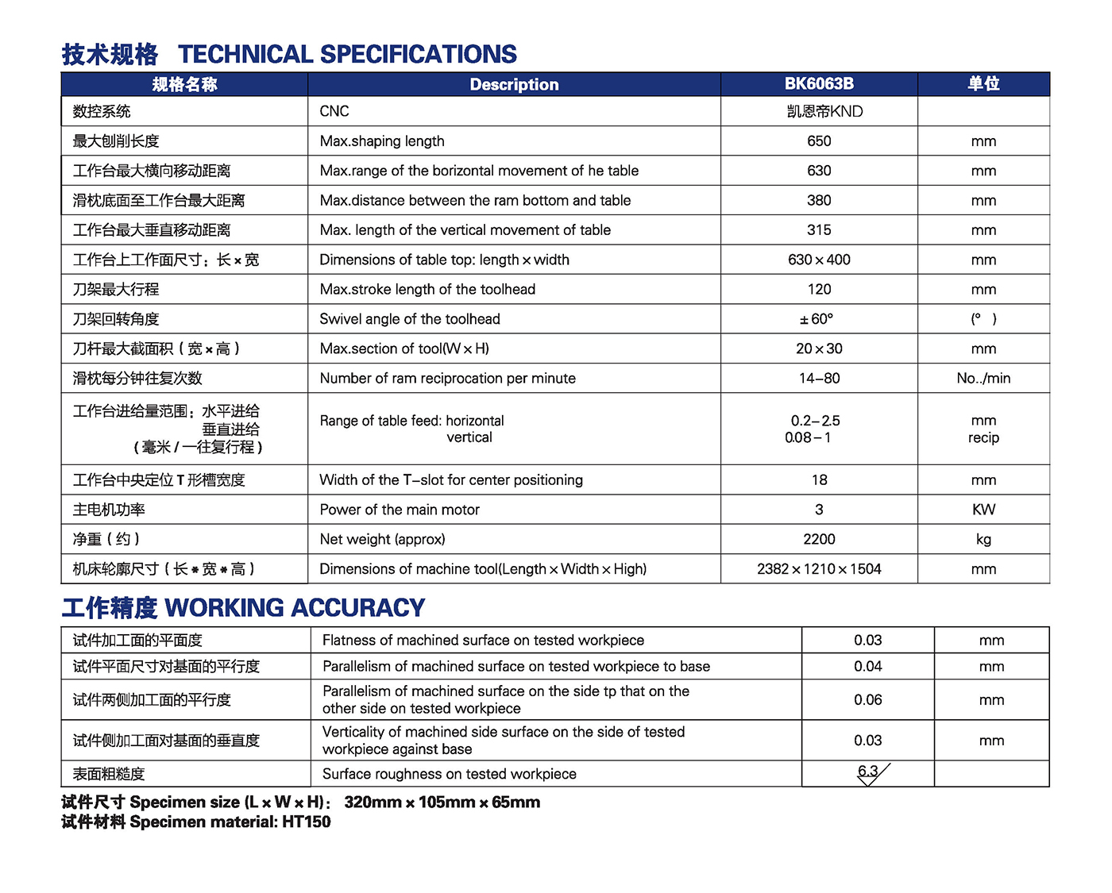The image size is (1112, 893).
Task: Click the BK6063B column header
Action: [819, 84]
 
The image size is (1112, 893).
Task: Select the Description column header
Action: [514, 85]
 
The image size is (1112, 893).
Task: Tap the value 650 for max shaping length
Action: [819, 141]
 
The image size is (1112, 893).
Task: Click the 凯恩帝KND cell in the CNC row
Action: [824, 112]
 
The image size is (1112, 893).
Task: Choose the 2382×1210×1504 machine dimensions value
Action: [819, 569]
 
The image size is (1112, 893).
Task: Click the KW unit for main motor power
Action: [983, 510]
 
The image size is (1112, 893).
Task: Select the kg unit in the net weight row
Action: [983, 540]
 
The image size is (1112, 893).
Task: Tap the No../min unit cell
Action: [983, 379]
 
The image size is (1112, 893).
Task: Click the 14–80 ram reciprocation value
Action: [819, 379]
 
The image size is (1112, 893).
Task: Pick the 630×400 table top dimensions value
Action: [819, 260]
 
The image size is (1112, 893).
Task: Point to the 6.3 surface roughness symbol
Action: [869, 772]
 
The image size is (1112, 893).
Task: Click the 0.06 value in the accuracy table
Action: [867, 700]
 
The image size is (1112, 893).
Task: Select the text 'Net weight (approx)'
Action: [382, 540]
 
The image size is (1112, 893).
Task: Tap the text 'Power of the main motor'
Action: [400, 510]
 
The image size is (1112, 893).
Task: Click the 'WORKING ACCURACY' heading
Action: [295, 608]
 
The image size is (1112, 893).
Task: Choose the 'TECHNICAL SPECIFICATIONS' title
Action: [347, 54]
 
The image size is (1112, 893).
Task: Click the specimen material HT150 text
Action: [306, 822]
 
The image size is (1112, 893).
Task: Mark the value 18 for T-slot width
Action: [819, 480]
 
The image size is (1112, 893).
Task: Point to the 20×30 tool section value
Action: [819, 349]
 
